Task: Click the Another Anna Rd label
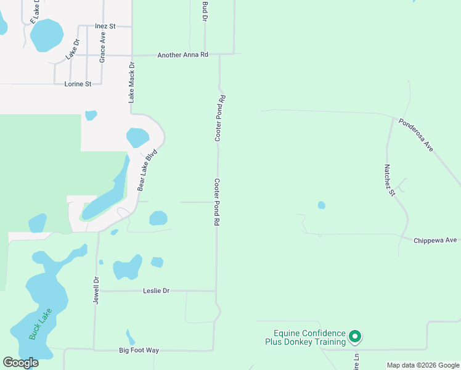point(184,55)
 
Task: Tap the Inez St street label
point(105,27)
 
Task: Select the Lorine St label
point(78,84)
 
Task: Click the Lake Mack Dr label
point(131,82)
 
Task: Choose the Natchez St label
point(389,180)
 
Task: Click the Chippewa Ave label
point(435,240)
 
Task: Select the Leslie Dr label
point(156,290)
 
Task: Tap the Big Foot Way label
point(139,350)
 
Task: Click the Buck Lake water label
point(38,324)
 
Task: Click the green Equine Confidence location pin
point(354,336)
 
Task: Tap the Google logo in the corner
point(21,362)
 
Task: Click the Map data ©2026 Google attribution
point(423,365)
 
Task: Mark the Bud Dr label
point(205,11)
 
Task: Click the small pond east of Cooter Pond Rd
point(321,205)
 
